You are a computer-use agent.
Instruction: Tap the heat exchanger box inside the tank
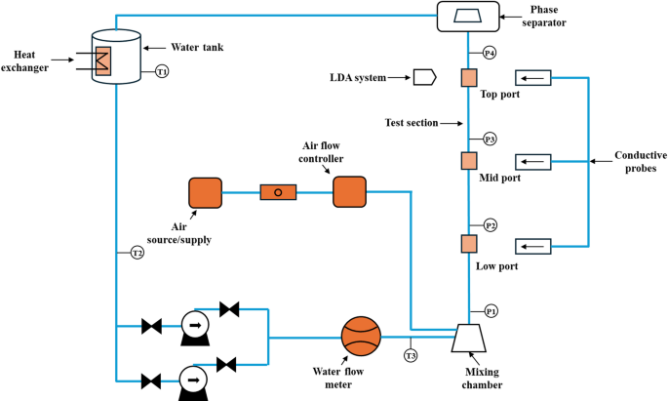pos(102,60)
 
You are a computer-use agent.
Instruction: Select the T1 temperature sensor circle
pos(162,71)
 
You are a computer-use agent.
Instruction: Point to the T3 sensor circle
pos(410,355)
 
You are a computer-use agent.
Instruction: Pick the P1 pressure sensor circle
pos(491,310)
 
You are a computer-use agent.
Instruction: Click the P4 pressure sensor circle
pos(490,52)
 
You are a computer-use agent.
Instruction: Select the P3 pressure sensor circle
pos(491,139)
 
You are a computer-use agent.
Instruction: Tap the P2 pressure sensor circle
pos(491,225)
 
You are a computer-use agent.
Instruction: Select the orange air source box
pos(206,192)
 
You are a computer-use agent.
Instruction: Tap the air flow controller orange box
pos(349,192)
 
